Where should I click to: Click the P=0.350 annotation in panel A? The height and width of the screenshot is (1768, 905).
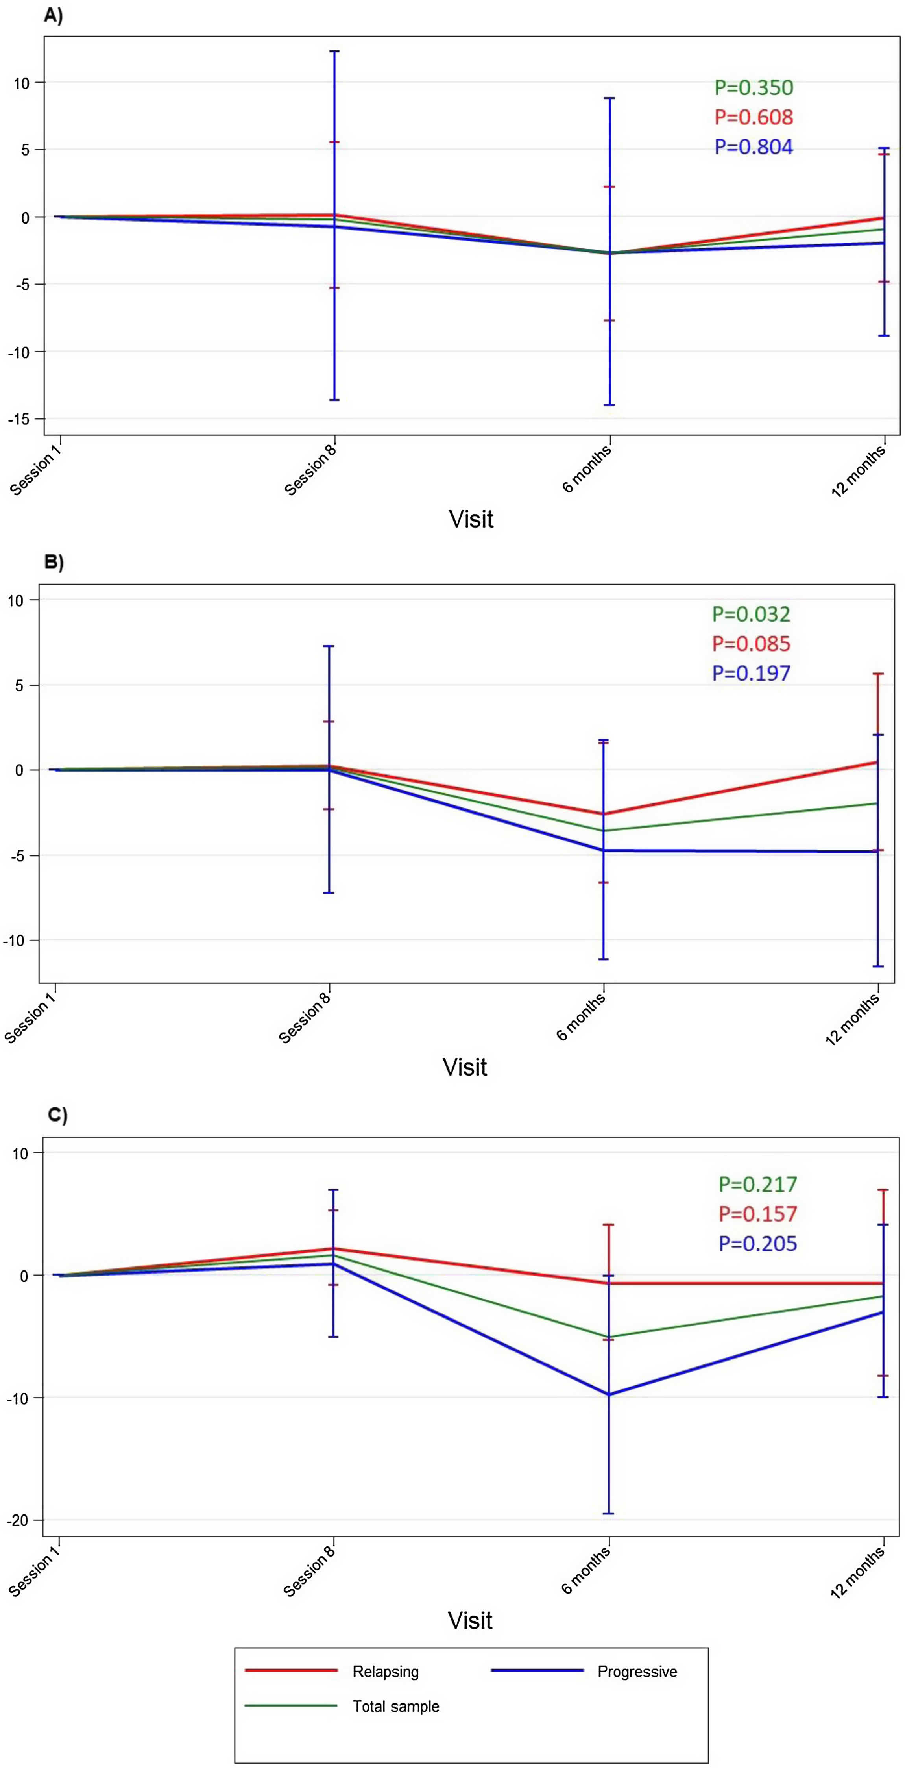[x=754, y=88]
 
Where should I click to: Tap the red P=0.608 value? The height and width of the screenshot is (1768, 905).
[x=754, y=117]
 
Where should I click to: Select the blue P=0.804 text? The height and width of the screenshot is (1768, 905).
[x=754, y=147]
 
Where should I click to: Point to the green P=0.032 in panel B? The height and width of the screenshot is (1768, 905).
[x=751, y=614]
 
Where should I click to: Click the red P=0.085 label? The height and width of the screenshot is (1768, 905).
[x=751, y=644]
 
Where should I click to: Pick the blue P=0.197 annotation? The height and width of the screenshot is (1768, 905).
[x=751, y=673]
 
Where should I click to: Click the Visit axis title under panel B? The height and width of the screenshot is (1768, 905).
[x=465, y=1067]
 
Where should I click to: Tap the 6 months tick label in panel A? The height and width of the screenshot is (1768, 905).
[x=587, y=469]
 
